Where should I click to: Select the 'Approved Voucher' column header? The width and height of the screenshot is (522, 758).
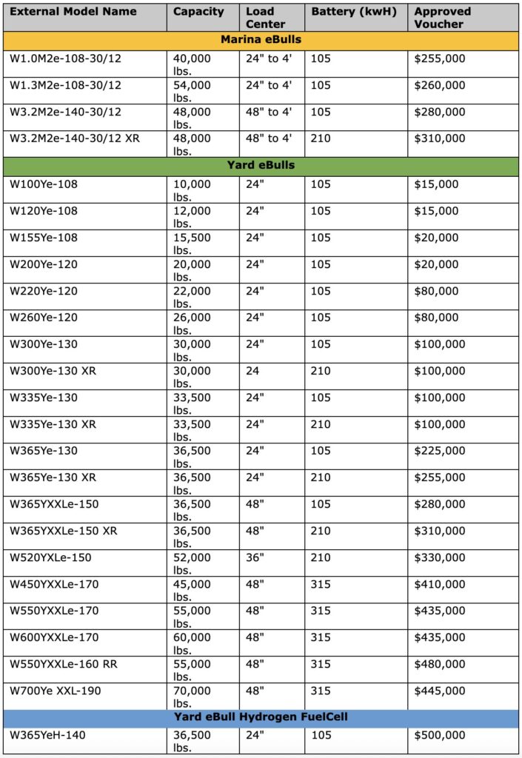pyautogui.click(x=442, y=17)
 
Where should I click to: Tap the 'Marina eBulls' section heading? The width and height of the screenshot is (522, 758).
pyautogui.click(x=261, y=39)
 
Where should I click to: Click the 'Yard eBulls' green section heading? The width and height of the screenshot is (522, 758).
pyautogui.click(x=261, y=165)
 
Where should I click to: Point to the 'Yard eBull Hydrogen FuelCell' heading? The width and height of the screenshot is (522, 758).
pyautogui.click(x=261, y=717)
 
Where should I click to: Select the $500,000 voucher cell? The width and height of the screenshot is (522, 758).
pyautogui.click(x=440, y=735)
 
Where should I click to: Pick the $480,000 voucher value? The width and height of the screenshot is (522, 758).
pyautogui.click(x=440, y=664)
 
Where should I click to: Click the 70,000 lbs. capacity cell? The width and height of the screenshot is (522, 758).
pyautogui.click(x=192, y=697)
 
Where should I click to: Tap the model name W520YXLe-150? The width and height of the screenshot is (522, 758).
pyautogui.click(x=51, y=557)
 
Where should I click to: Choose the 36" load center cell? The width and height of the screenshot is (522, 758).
pyautogui.click(x=255, y=557)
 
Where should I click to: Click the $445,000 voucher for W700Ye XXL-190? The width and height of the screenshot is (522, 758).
pyautogui.click(x=440, y=691)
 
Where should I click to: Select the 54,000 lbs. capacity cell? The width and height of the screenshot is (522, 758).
pyautogui.click(x=192, y=91)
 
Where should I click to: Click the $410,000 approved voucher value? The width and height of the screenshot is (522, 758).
pyautogui.click(x=440, y=584)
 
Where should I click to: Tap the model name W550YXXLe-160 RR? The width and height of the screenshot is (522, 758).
pyautogui.click(x=64, y=664)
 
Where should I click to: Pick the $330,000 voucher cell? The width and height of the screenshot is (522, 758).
pyautogui.click(x=440, y=557)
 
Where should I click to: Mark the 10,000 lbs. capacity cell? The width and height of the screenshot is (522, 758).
pyautogui.click(x=192, y=190)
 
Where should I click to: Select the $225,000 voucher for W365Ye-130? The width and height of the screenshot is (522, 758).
pyautogui.click(x=440, y=451)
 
